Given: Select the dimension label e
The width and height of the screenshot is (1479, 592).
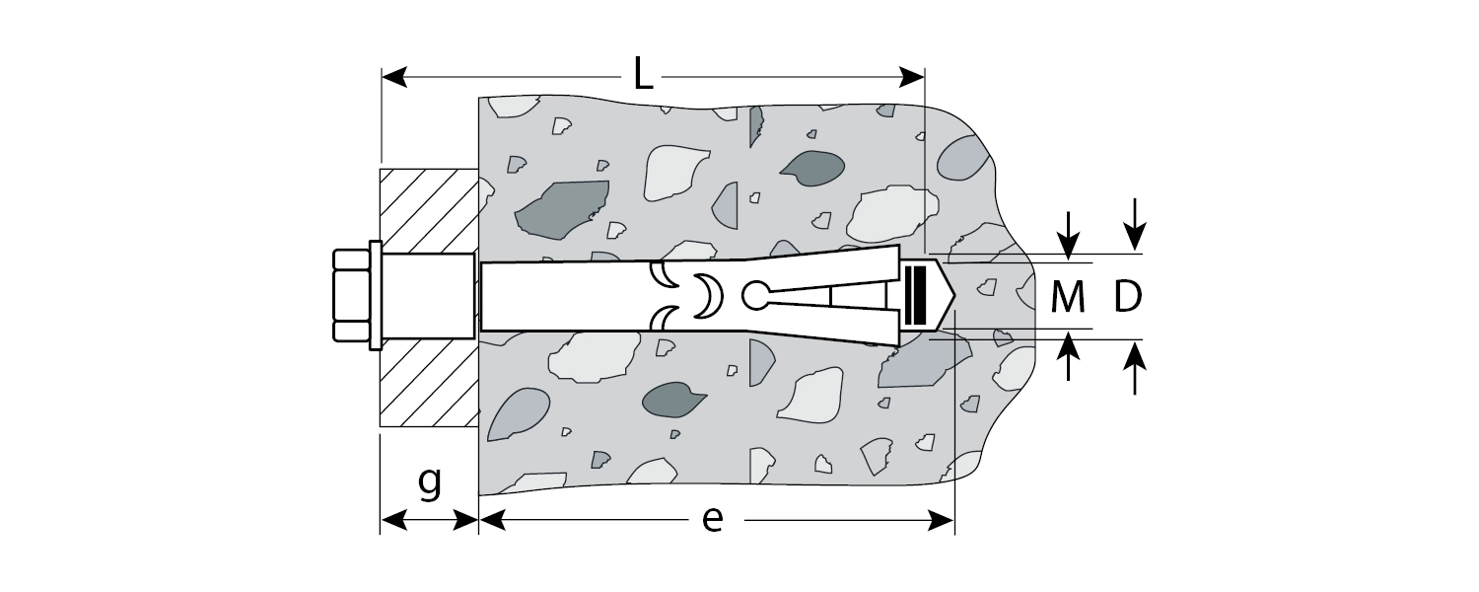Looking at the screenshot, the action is click(x=713, y=519).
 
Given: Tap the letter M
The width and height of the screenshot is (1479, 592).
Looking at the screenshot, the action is click(x=1068, y=297).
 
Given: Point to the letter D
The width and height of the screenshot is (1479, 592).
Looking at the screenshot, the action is click(x=1128, y=297).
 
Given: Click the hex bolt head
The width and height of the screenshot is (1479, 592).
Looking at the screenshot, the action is click(x=351, y=295).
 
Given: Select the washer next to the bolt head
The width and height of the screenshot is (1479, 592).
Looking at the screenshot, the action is click(x=375, y=295).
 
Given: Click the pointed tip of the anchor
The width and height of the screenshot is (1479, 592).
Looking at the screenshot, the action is click(x=954, y=295).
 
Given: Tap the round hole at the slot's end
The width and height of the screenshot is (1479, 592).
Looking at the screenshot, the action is click(x=755, y=295).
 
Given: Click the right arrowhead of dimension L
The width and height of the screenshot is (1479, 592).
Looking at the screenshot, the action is click(x=911, y=77).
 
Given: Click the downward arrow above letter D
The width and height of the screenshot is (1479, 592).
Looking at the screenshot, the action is click(x=1135, y=225).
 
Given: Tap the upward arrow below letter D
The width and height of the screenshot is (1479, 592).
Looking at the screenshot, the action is click(x=1135, y=367).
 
